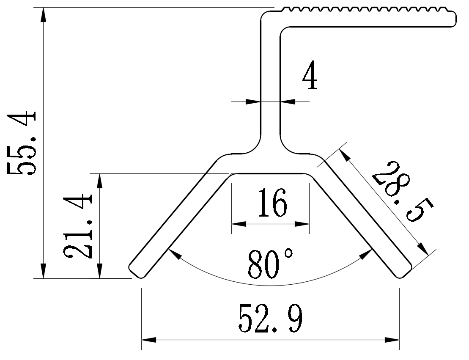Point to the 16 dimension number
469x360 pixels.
click(x=270, y=203)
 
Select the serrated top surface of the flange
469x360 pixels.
click(x=364, y=10)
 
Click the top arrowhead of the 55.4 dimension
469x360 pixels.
click(x=43, y=15)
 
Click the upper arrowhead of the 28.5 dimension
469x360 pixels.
click(x=345, y=155)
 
